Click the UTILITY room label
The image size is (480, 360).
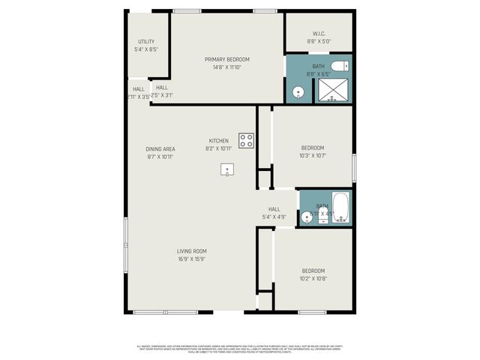point(145,41)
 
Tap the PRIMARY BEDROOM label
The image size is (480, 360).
point(227,59)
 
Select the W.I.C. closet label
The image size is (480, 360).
point(317,34)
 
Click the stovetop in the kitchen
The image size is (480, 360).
point(246,140)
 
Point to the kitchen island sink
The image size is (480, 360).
point(226,169)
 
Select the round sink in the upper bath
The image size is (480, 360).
point(298,93)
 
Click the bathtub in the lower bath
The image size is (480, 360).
point(340,207)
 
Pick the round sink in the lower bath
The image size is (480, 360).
point(306,217)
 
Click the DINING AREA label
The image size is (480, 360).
point(160,149)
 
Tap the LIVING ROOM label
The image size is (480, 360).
point(192,251)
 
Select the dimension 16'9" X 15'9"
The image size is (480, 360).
point(192,259)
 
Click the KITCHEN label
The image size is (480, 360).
point(218,140)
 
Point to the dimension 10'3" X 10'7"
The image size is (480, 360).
point(313,155)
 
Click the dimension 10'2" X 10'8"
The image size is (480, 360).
point(313,278)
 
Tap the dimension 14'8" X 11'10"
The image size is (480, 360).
point(227,67)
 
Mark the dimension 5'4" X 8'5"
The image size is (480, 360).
point(145,49)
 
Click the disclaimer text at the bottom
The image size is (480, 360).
point(240,349)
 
